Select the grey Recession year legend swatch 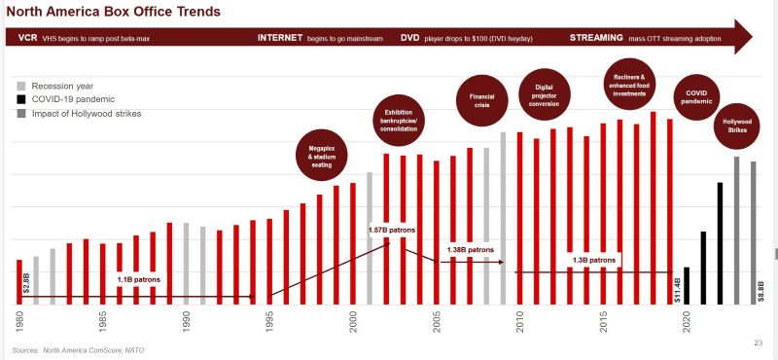[x=20, y=86]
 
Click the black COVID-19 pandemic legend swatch [x=20, y=99]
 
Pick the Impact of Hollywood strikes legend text [x=87, y=114]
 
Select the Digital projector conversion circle [x=545, y=95]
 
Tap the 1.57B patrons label [x=392, y=230]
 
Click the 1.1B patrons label [x=138, y=279]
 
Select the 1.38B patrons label [x=471, y=250]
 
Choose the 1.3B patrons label [x=593, y=260]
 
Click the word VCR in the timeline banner [x=27, y=37]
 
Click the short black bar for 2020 [x=687, y=285]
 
